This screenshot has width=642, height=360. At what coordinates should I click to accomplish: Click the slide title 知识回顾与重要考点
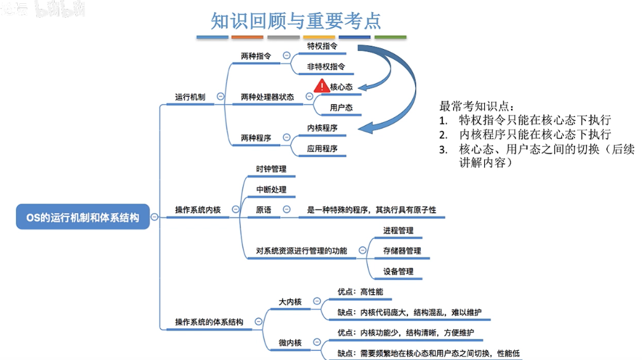click(296, 20)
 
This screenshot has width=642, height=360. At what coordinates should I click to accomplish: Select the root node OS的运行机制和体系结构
click(83, 218)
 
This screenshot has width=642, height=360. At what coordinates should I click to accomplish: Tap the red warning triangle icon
click(321, 87)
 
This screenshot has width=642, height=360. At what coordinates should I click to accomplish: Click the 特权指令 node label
click(322, 46)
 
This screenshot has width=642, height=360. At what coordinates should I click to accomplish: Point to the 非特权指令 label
click(326, 66)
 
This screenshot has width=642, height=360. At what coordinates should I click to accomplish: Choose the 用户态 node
click(341, 107)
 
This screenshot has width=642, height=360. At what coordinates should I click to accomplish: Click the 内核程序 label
click(322, 128)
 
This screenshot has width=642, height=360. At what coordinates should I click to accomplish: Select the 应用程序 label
click(322, 148)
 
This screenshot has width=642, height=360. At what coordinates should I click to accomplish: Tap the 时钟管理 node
click(271, 169)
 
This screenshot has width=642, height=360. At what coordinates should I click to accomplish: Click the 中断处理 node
click(271, 189)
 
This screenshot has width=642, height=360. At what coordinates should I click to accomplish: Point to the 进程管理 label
click(398, 230)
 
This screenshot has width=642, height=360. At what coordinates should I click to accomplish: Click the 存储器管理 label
click(402, 251)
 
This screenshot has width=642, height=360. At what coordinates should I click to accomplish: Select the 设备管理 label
click(398, 271)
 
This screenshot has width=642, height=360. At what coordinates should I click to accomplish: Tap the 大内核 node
click(290, 301)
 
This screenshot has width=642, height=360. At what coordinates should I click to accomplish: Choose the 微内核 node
click(290, 342)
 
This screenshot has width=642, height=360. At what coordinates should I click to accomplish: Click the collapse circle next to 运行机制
click(220, 97)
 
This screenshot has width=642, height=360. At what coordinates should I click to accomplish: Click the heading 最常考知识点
click(478, 106)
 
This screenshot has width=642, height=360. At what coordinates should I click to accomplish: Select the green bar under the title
click(390, 38)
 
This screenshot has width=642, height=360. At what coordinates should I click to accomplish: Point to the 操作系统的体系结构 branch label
click(209, 322)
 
